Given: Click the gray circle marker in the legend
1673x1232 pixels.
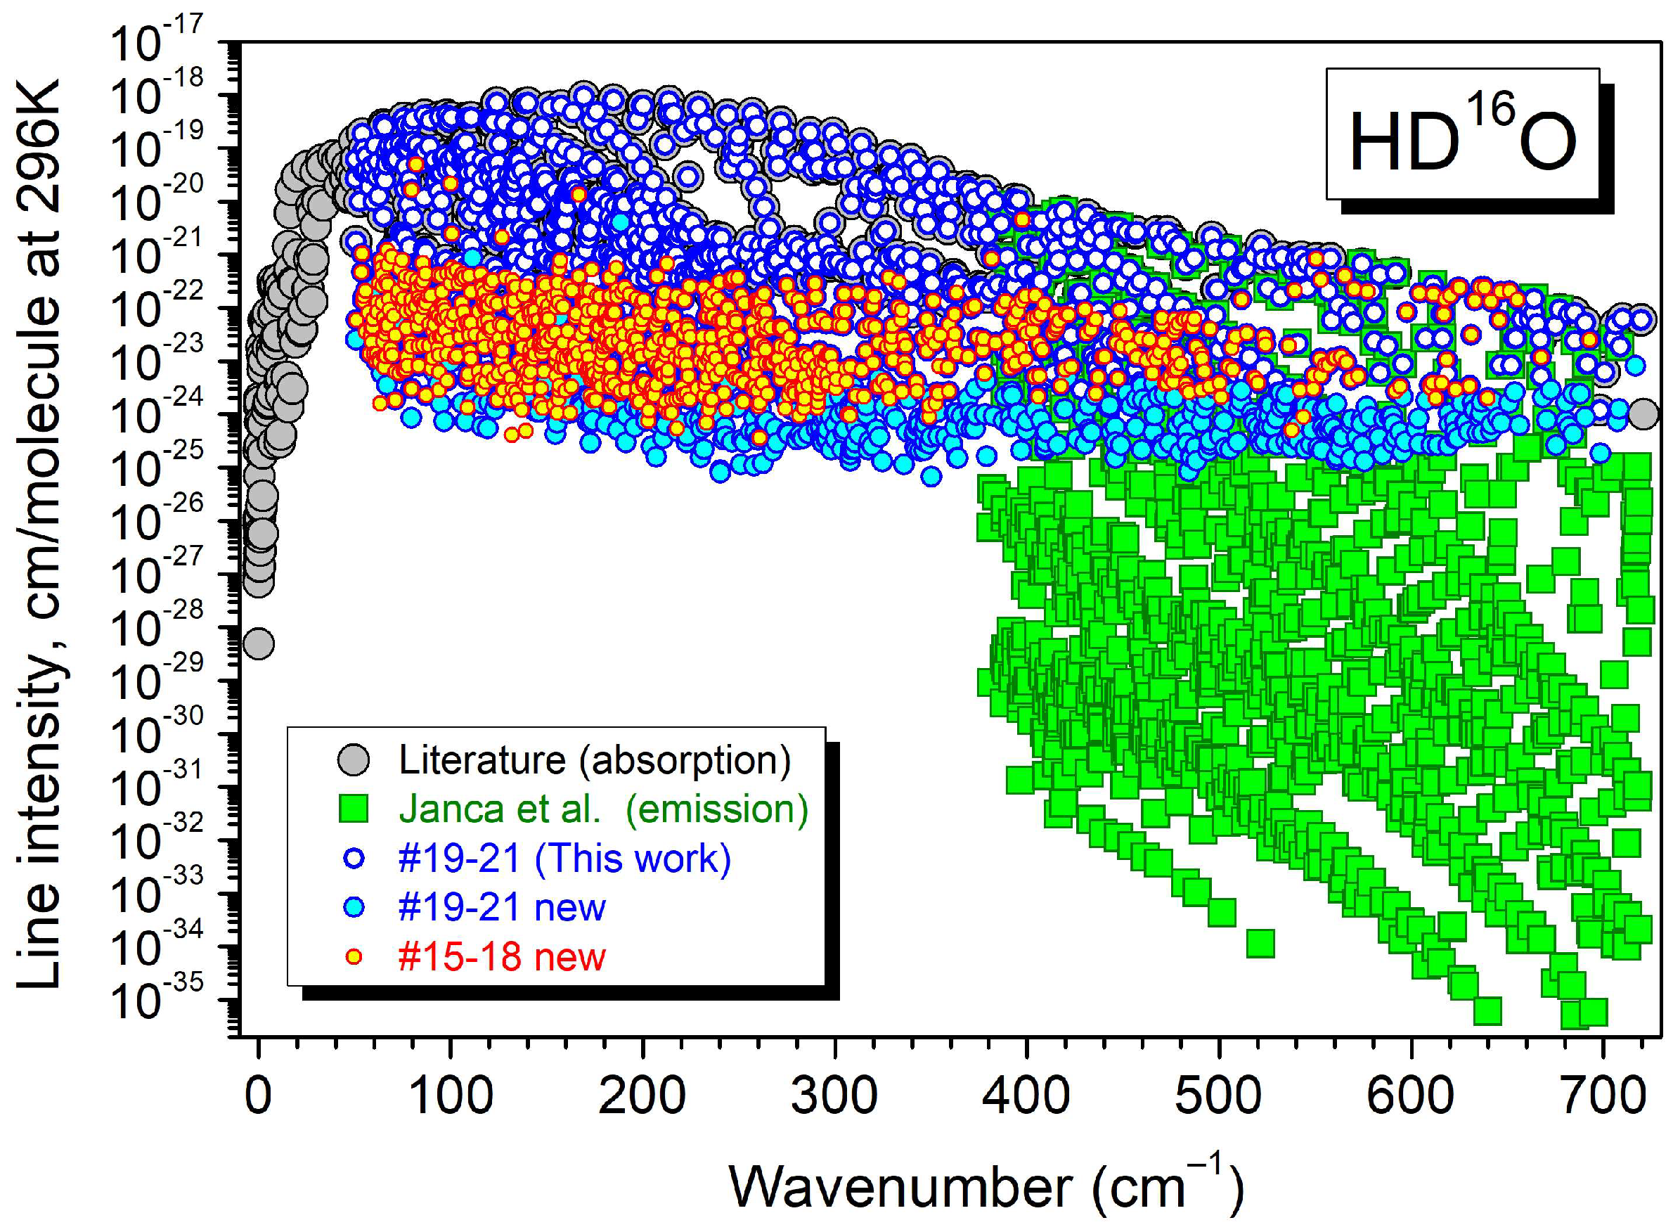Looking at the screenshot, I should [x=354, y=760].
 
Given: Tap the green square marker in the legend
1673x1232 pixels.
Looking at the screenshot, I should [x=354, y=809].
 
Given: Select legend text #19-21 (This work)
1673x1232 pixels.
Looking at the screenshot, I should [x=564, y=859].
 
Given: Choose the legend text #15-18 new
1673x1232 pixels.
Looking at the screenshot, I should [x=502, y=957].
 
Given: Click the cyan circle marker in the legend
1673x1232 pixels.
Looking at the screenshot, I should [x=354, y=908].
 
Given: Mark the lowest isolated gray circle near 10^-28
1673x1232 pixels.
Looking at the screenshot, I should [x=259, y=643].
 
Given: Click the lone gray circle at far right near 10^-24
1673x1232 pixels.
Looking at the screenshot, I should [x=1643, y=413].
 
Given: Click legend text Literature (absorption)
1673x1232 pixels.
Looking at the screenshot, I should [x=594, y=760].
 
